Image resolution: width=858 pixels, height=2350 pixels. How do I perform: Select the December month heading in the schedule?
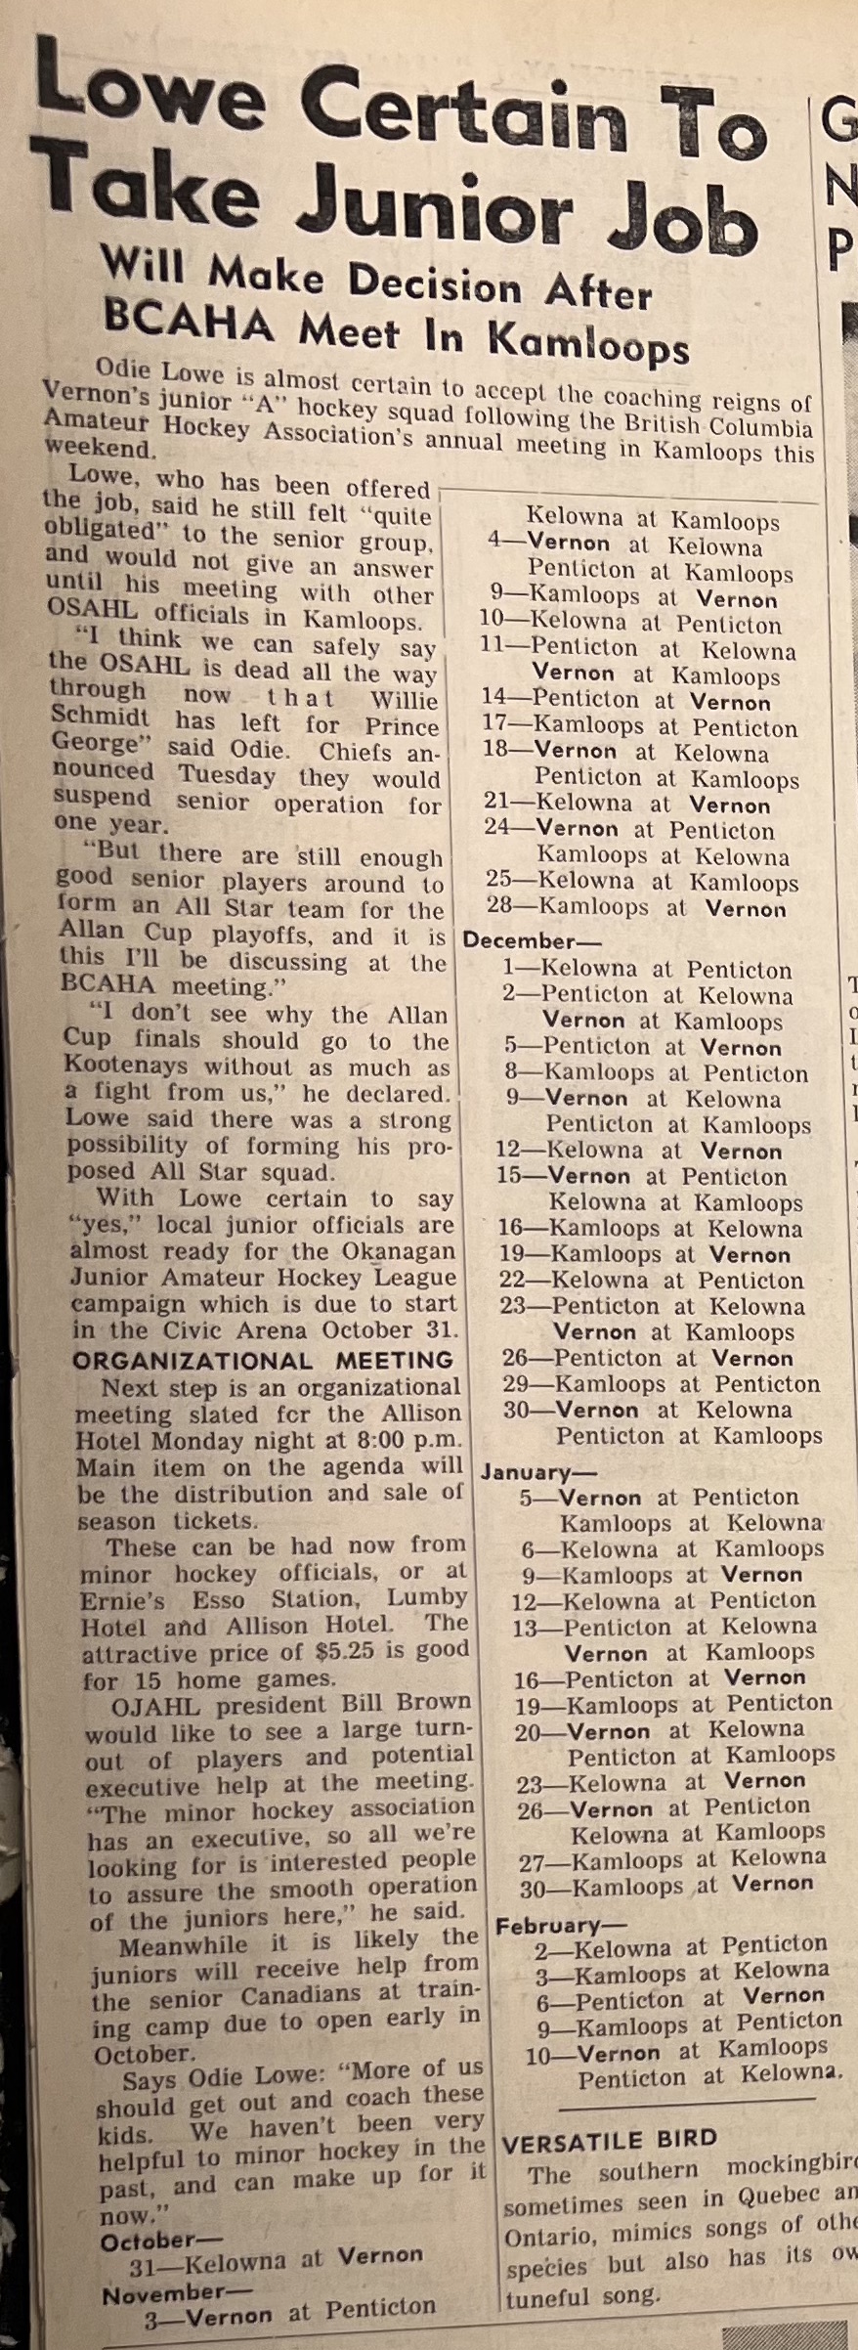tap(519, 941)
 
